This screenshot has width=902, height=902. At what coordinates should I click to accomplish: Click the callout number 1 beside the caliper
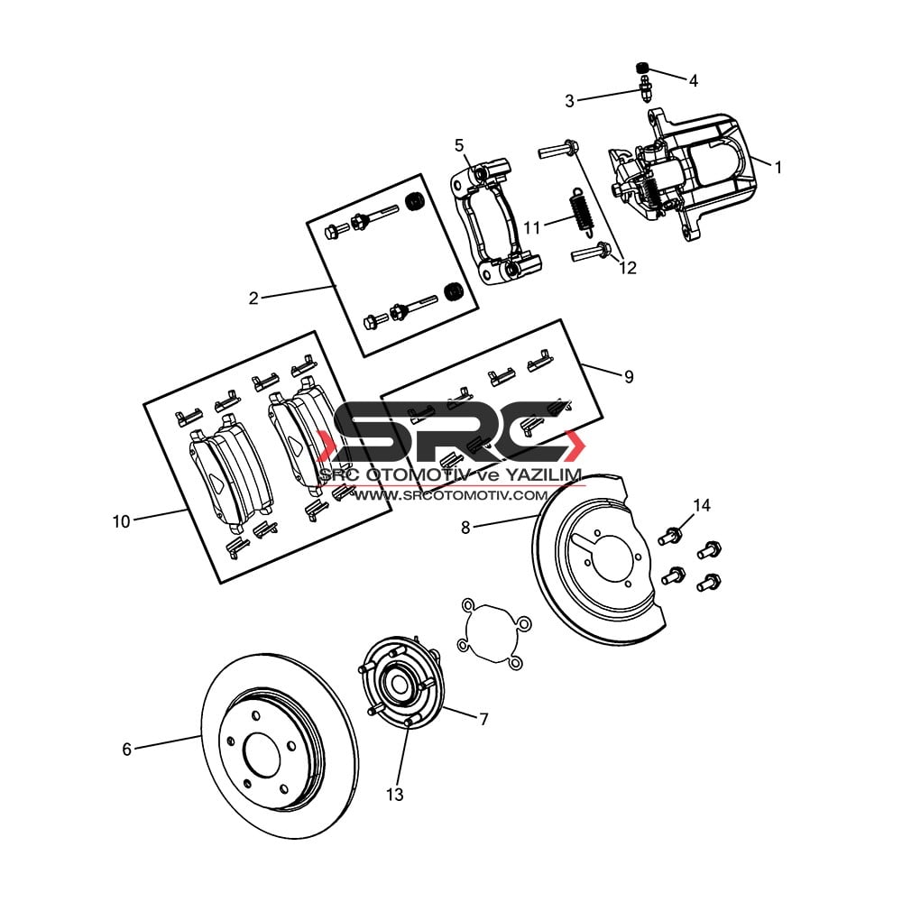coord(778,168)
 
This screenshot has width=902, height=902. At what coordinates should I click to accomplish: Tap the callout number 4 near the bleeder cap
coord(693,80)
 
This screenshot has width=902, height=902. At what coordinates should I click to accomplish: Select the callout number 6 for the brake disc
coord(126,749)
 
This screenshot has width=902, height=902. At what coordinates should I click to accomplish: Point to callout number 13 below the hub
coord(395,795)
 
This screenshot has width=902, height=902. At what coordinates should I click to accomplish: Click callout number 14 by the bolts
coord(702,505)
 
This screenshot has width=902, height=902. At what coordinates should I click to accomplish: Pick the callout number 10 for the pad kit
coord(122,521)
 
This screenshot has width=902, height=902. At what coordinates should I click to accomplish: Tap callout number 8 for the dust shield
coord(465,527)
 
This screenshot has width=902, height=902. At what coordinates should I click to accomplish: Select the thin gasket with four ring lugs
coord(493,633)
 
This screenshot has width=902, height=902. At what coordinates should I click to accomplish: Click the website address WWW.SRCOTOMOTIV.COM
coord(450,494)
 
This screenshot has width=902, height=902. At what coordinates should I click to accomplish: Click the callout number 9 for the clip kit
coord(629,376)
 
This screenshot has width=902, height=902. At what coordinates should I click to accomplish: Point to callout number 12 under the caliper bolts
coord(628,268)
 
